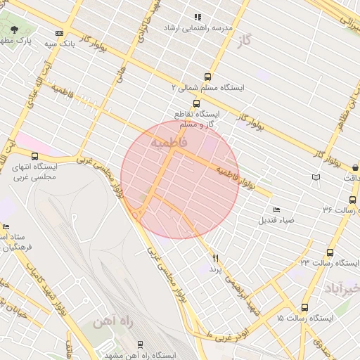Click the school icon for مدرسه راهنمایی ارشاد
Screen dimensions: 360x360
tap(198, 17)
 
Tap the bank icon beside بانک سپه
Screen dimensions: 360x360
tap(59, 33)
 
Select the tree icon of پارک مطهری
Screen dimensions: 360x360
tap(15, 30)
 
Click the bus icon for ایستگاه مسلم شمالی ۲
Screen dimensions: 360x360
tap(207, 77)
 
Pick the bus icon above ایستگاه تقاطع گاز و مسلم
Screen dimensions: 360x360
tap(196, 103)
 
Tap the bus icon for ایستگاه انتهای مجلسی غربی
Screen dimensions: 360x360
tap(35, 156)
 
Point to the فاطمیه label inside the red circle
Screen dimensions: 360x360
tap(169, 143)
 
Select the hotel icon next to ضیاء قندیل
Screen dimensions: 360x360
tap(276, 210)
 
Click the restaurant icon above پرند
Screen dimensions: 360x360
tap(215, 259)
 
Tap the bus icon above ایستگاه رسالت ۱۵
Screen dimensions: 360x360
tap(304, 307)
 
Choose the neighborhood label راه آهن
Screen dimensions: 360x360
tap(112, 323)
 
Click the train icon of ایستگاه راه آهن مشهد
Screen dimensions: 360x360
tap(140, 343)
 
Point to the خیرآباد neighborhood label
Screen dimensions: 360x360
tap(342, 288)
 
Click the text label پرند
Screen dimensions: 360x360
tap(215, 269)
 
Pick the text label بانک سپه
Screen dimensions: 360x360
tap(40, 44)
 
